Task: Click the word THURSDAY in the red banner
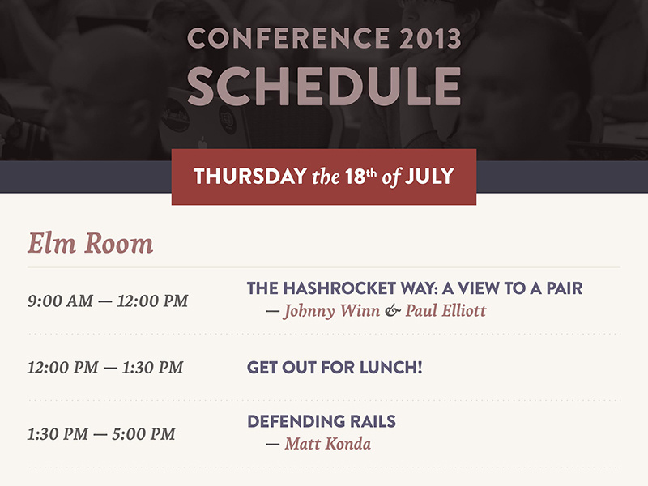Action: tap(249, 176)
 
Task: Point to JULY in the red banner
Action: tap(429, 176)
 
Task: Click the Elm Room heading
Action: tap(90, 243)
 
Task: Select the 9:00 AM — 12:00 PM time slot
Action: tap(107, 301)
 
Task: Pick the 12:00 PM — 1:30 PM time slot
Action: tap(105, 367)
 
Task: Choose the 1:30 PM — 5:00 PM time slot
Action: tap(101, 433)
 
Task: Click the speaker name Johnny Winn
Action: tap(331, 311)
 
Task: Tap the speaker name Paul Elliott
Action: tap(446, 311)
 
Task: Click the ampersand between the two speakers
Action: tap(392, 311)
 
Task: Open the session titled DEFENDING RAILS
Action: tap(321, 422)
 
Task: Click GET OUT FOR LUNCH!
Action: tap(335, 368)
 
